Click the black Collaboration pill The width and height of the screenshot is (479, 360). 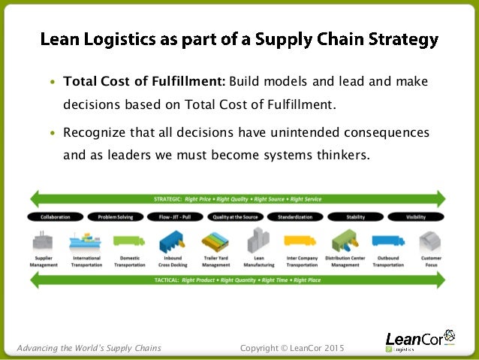click(56, 216)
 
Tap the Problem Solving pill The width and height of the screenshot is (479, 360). click(115, 216)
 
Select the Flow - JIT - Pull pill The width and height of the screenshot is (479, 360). click(174, 216)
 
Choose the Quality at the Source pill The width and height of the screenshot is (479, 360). click(234, 216)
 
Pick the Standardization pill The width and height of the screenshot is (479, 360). click(294, 216)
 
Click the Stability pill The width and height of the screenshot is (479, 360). click(355, 216)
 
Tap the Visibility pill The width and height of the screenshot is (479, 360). click(414, 216)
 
